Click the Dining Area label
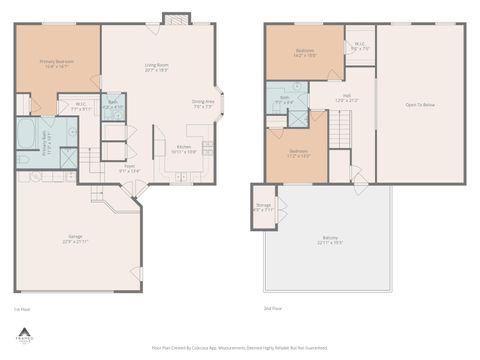point(204,103)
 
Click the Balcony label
point(330,241)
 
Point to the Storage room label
point(263,208)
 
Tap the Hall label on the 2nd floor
point(345,98)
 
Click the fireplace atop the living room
point(175,19)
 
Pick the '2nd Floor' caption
point(273,309)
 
